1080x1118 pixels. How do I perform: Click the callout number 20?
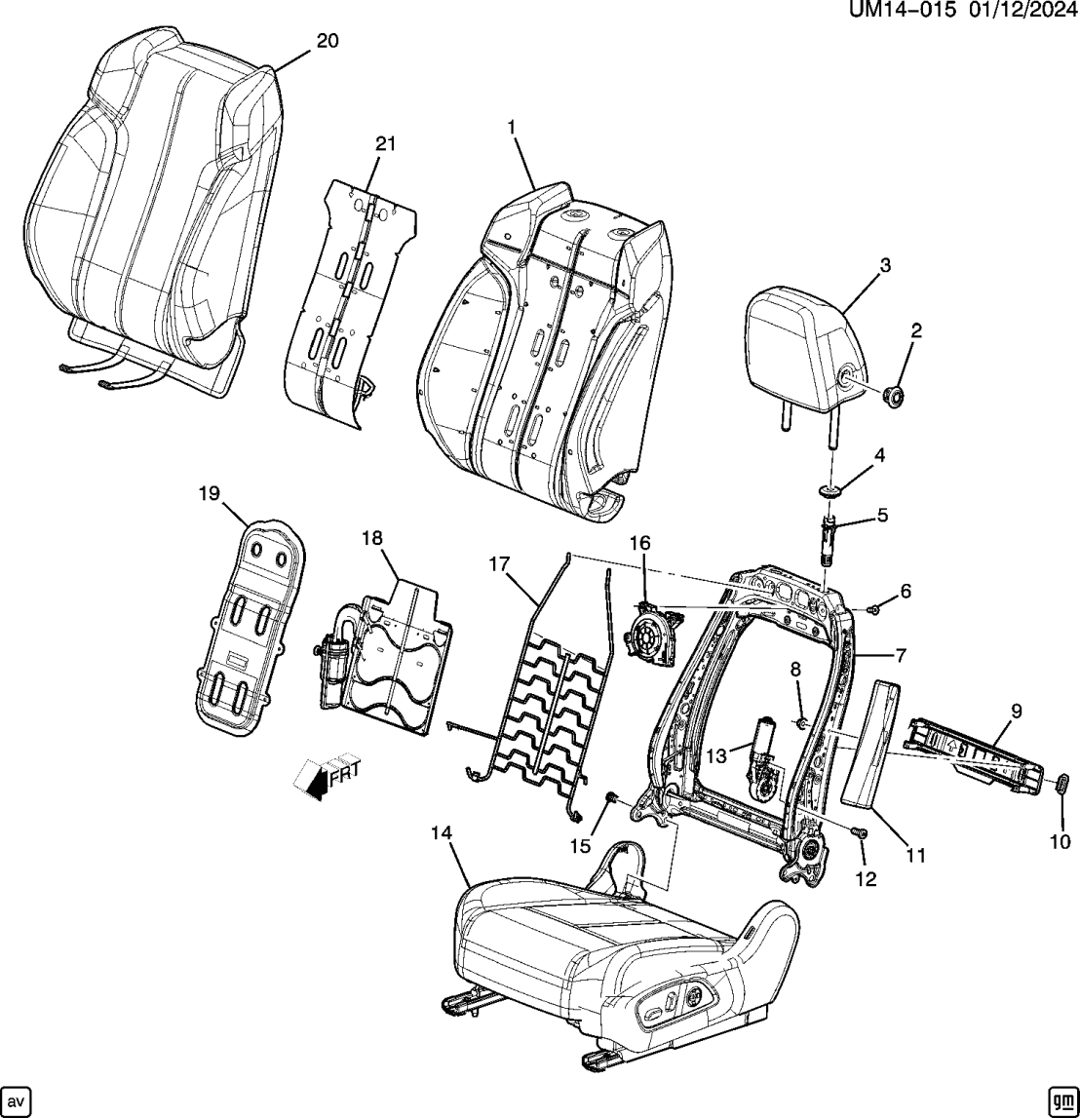[328, 40]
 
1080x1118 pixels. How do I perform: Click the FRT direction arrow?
[327, 777]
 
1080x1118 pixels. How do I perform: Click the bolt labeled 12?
[859, 832]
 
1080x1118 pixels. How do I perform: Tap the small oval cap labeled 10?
[1061, 785]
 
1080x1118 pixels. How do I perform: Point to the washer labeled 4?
[831, 491]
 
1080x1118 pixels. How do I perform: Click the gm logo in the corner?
[1060, 1099]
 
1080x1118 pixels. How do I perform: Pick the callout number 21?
[386, 144]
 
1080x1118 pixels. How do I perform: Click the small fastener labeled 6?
[874, 609]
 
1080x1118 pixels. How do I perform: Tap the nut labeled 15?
[611, 798]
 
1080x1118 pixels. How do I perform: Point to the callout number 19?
[210, 493]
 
